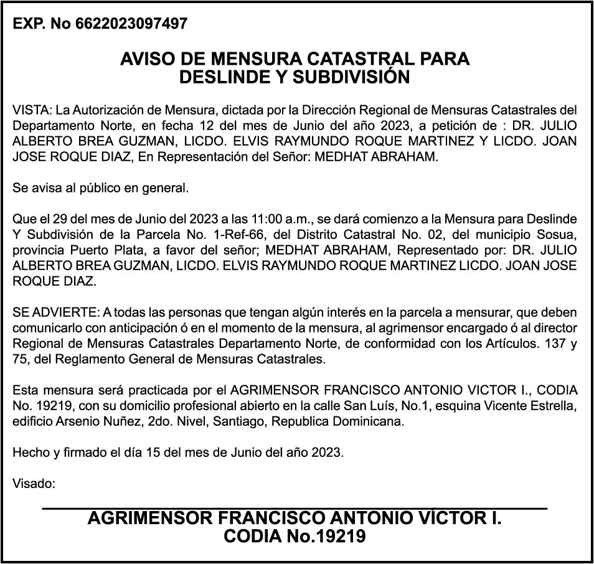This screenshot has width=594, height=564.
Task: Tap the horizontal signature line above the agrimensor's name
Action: (x=295, y=509)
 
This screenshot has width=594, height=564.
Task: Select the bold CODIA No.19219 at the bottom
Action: (x=295, y=536)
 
